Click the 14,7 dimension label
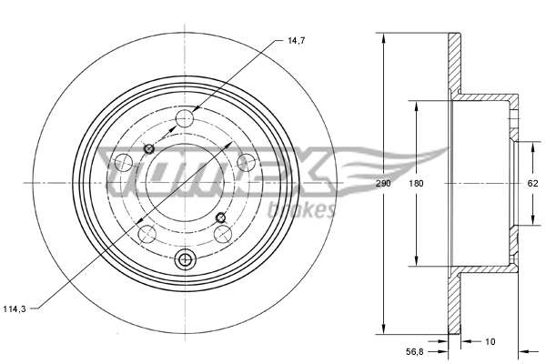point(297,41)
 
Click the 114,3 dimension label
point(15,309)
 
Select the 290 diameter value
point(383,183)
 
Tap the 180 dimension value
point(416,183)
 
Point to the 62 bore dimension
point(532,183)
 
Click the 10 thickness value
point(490,342)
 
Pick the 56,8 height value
point(414,352)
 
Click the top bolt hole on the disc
point(185,118)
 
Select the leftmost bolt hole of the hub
point(123,163)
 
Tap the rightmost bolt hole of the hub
point(246,163)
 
